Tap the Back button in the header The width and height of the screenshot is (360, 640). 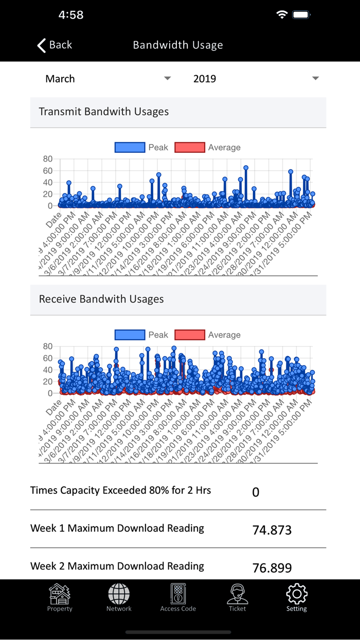pyautogui.click(x=55, y=45)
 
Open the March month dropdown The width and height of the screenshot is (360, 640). pyautogui.click(x=108, y=79)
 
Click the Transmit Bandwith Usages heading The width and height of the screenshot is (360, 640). pyautogui.click(x=104, y=112)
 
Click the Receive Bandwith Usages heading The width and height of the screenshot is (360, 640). pyautogui.click(x=101, y=299)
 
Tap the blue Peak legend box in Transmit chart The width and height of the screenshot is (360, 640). pyautogui.click(x=130, y=148)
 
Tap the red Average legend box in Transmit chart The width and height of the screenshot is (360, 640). pyautogui.click(x=190, y=148)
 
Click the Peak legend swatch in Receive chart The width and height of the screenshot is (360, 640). pyautogui.click(x=130, y=335)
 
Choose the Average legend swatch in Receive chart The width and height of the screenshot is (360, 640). pyautogui.click(x=190, y=335)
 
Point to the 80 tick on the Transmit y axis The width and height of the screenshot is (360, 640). pyautogui.click(x=48, y=159)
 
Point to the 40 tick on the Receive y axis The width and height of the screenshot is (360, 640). pyautogui.click(x=48, y=370)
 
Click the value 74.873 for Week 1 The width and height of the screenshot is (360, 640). pyautogui.click(x=272, y=530)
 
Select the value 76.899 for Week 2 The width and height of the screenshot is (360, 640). pyautogui.click(x=272, y=568)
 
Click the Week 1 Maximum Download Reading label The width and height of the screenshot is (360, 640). pyautogui.click(x=117, y=528)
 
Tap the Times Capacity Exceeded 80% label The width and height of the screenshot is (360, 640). pyautogui.click(x=121, y=490)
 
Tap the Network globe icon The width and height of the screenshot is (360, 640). pyautogui.click(x=119, y=594)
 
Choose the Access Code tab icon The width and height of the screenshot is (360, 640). pyautogui.click(x=178, y=594)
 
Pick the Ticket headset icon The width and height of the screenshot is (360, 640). pyautogui.click(x=237, y=594)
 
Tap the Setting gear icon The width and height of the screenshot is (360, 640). pyautogui.click(x=297, y=594)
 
